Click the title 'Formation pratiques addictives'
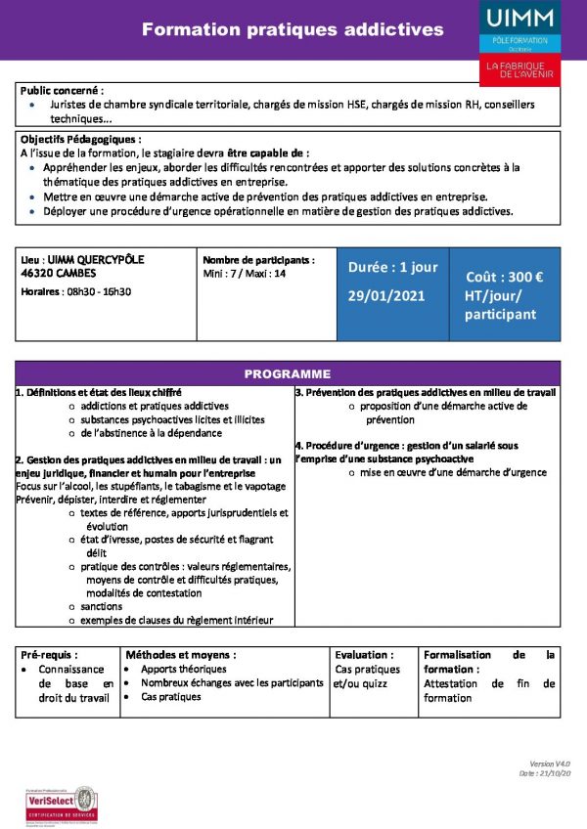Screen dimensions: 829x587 pyautogui.click(x=293, y=30)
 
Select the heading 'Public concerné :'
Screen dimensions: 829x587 pyautogui.click(x=62, y=90)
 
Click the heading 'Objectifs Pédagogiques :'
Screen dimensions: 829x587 pyautogui.click(x=80, y=140)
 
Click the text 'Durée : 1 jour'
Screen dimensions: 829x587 pyautogui.click(x=392, y=267)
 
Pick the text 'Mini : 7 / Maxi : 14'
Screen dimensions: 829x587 pyautogui.click(x=244, y=275)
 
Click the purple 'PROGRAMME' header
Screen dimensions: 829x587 pyautogui.click(x=288, y=373)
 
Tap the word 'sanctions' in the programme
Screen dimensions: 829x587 pyautogui.click(x=103, y=606)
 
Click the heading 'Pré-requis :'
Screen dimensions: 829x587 pyautogui.click(x=50, y=655)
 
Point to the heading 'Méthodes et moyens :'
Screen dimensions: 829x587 pyautogui.click(x=181, y=655)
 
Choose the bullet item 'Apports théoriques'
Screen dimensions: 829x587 pyautogui.click(x=184, y=670)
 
